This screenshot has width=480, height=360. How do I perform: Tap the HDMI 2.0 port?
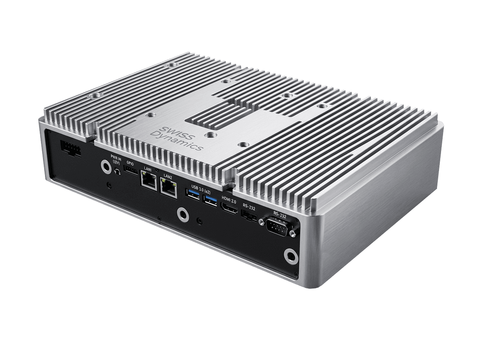click(x=229, y=209)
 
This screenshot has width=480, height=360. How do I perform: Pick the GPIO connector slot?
click(x=131, y=170)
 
